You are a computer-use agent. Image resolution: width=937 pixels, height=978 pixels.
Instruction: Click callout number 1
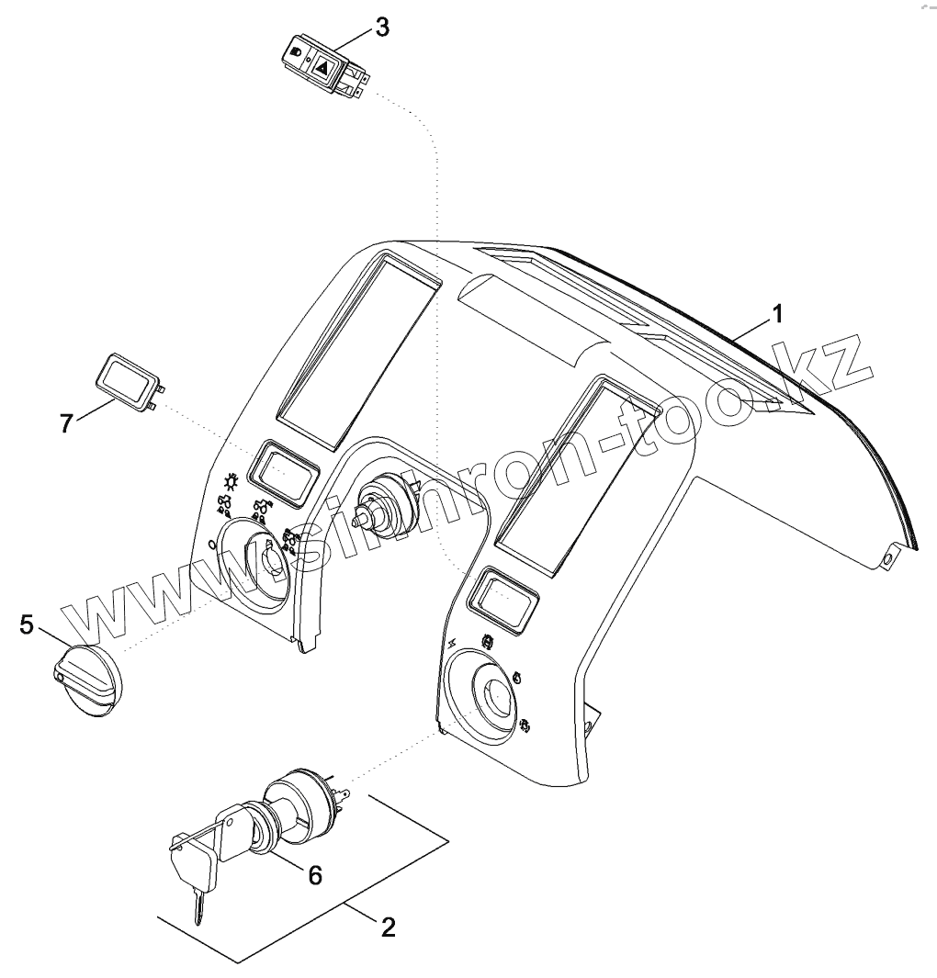click(777, 315)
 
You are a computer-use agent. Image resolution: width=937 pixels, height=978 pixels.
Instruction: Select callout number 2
click(388, 926)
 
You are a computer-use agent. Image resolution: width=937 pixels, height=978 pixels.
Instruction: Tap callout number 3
click(380, 28)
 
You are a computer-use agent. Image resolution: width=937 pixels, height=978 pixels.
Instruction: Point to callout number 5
click(27, 625)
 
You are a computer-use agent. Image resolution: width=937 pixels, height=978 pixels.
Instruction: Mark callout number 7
click(66, 423)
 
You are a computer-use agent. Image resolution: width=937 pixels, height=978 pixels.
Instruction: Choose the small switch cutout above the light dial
click(286, 472)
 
